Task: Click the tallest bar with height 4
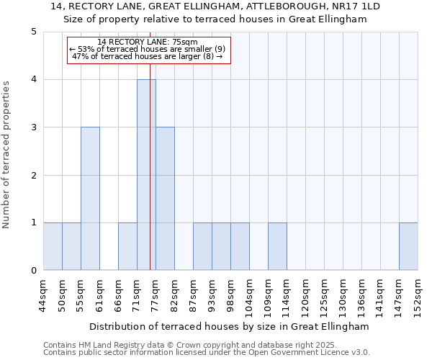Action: tap(146, 175)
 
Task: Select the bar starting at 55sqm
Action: tap(90, 199)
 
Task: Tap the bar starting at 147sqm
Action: tap(408, 246)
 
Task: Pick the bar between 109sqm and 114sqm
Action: tap(277, 246)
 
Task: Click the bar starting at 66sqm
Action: tap(127, 246)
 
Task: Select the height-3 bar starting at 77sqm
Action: tap(165, 199)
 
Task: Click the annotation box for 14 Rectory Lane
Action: tap(148, 50)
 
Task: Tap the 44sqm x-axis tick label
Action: tap(43, 295)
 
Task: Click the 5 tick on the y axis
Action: tap(34, 32)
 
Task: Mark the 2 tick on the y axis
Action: tap(34, 175)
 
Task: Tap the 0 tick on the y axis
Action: tap(34, 271)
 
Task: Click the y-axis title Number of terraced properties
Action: tap(7, 155)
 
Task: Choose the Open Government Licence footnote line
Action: tap(207, 353)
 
